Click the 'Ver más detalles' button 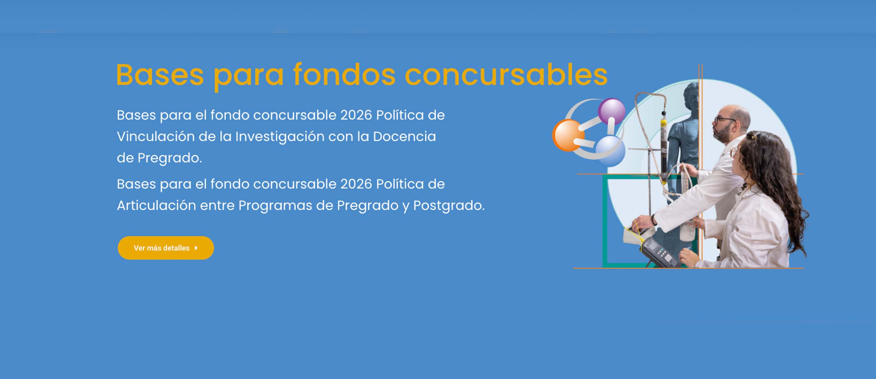coord(166,248)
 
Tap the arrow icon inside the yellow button coord(196,248)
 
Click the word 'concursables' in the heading coord(506,75)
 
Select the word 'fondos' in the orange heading coord(344,75)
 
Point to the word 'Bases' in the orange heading coord(160,75)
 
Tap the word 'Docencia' coord(404,137)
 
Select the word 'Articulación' coord(156,205)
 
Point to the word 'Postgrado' coord(449,206)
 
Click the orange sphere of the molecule coord(568,135)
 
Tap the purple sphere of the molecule coord(612,111)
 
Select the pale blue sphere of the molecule coord(611,151)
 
